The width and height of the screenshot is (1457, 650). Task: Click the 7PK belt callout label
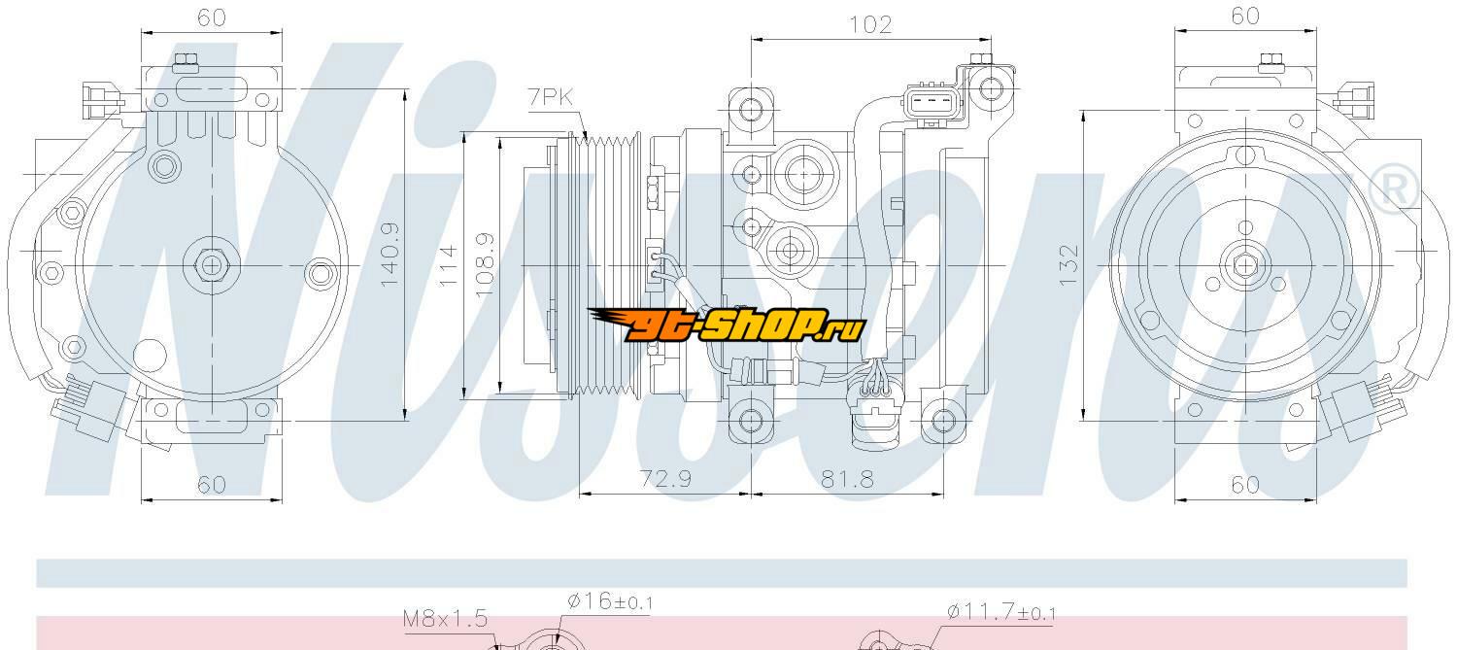click(551, 97)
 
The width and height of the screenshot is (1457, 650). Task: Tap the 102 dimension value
click(870, 24)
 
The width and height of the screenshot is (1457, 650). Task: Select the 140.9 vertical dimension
click(390, 256)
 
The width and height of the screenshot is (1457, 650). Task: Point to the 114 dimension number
click(448, 265)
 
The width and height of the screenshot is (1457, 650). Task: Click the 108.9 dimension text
click(486, 265)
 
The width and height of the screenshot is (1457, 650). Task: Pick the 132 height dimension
click(1068, 265)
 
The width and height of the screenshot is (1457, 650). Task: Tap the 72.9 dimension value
click(665, 479)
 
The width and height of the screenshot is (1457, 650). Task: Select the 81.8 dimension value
click(847, 480)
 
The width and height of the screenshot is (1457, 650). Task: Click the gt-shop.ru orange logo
click(727, 324)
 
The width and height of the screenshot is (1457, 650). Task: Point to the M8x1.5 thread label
click(445, 618)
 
